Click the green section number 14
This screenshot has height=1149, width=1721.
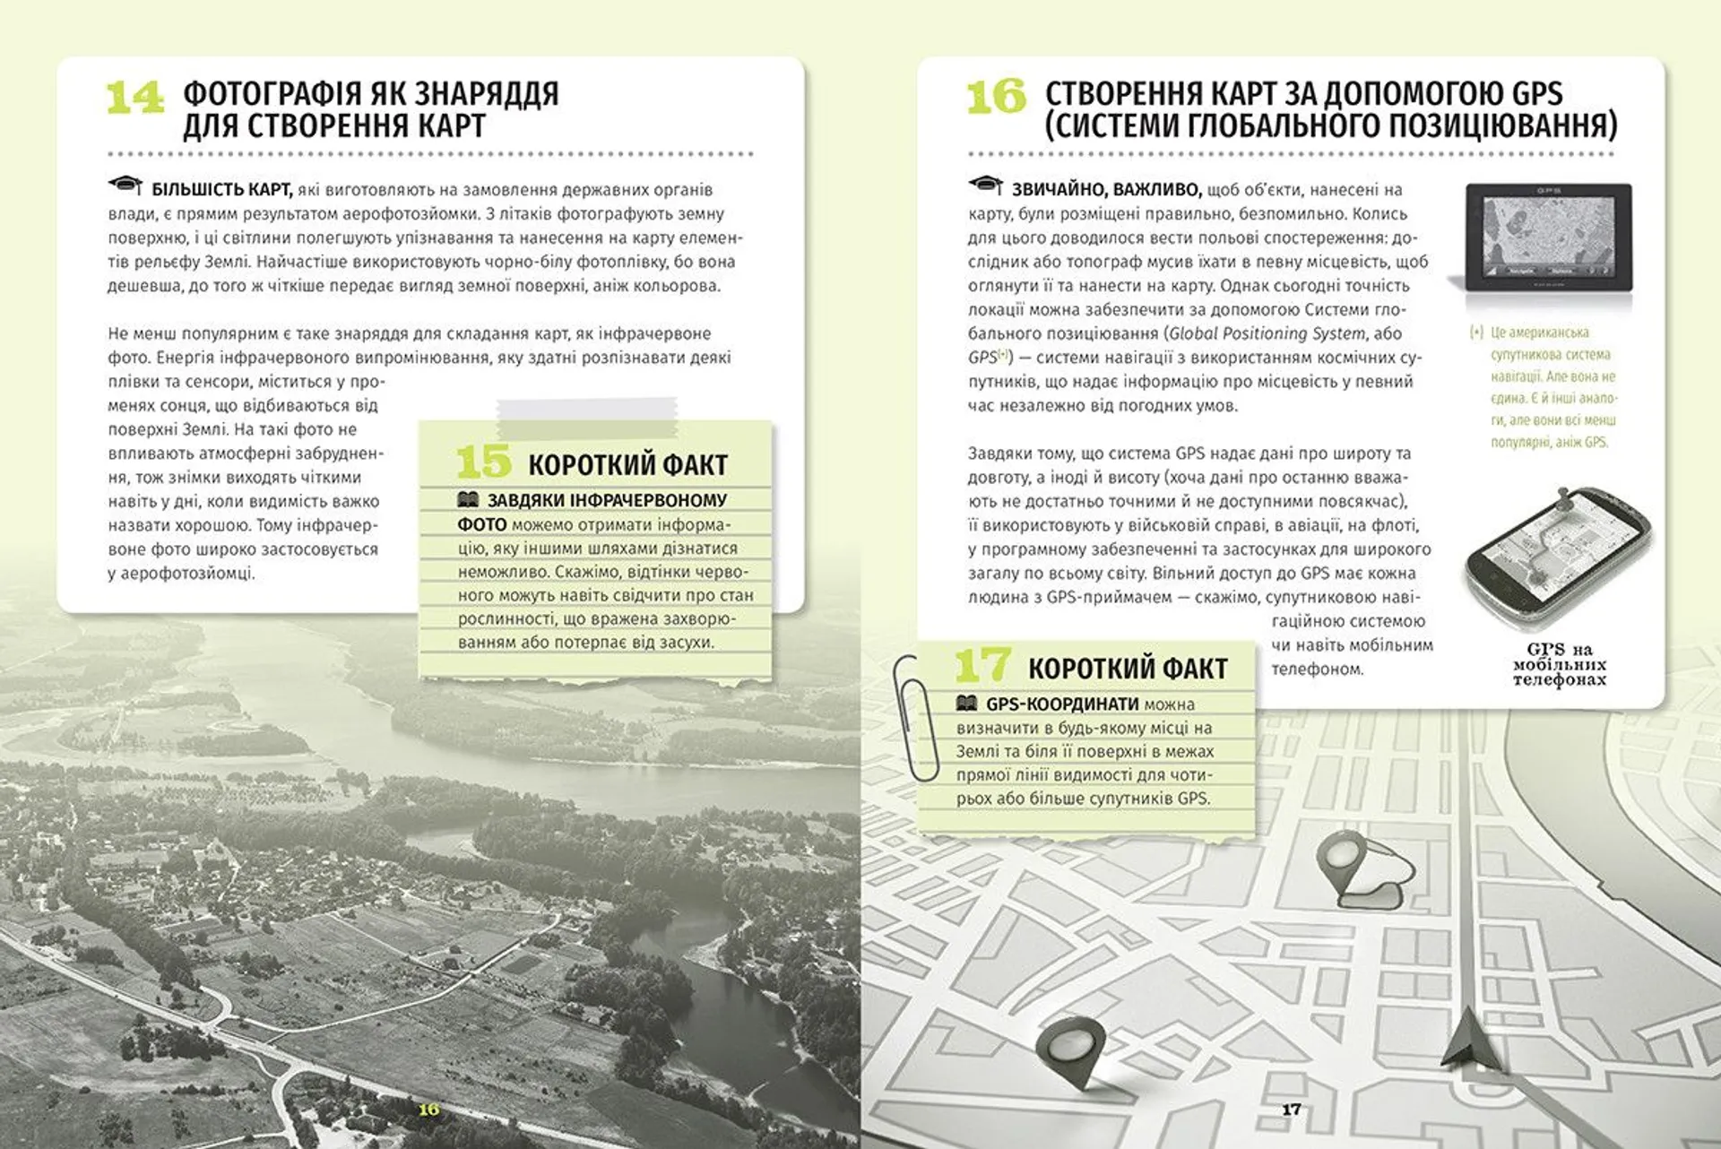point(134,98)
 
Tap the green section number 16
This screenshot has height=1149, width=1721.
point(996,96)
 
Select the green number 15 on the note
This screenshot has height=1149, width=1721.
point(483,462)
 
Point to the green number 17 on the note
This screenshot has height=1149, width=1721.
point(983,666)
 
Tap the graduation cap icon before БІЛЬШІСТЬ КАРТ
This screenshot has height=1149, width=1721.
point(125,186)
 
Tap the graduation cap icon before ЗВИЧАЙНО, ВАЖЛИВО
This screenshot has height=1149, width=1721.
point(985,186)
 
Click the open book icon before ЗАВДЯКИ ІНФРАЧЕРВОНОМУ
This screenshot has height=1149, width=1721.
point(468,500)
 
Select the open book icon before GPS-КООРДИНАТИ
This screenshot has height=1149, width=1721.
point(966,704)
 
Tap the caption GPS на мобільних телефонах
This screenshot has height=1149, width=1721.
point(1559,664)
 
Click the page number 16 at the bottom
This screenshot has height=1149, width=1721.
point(429,1110)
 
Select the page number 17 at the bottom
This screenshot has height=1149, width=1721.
point(1291,1110)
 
